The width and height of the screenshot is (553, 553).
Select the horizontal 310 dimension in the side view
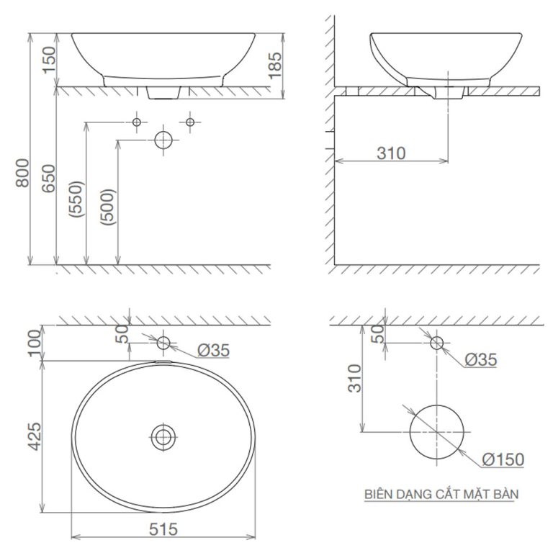pos(390,153)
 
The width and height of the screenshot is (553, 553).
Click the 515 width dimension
pos(163,529)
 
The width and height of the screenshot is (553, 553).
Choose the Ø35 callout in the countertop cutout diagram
pos(480,359)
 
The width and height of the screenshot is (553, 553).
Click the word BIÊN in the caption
pos(380,495)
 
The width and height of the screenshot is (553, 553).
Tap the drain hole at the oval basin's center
pos(163,435)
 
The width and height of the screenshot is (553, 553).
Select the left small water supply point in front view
pos(137,122)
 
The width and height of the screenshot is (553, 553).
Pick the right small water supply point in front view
pos(190,122)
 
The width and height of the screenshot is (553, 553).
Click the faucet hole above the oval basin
pos(163,343)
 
